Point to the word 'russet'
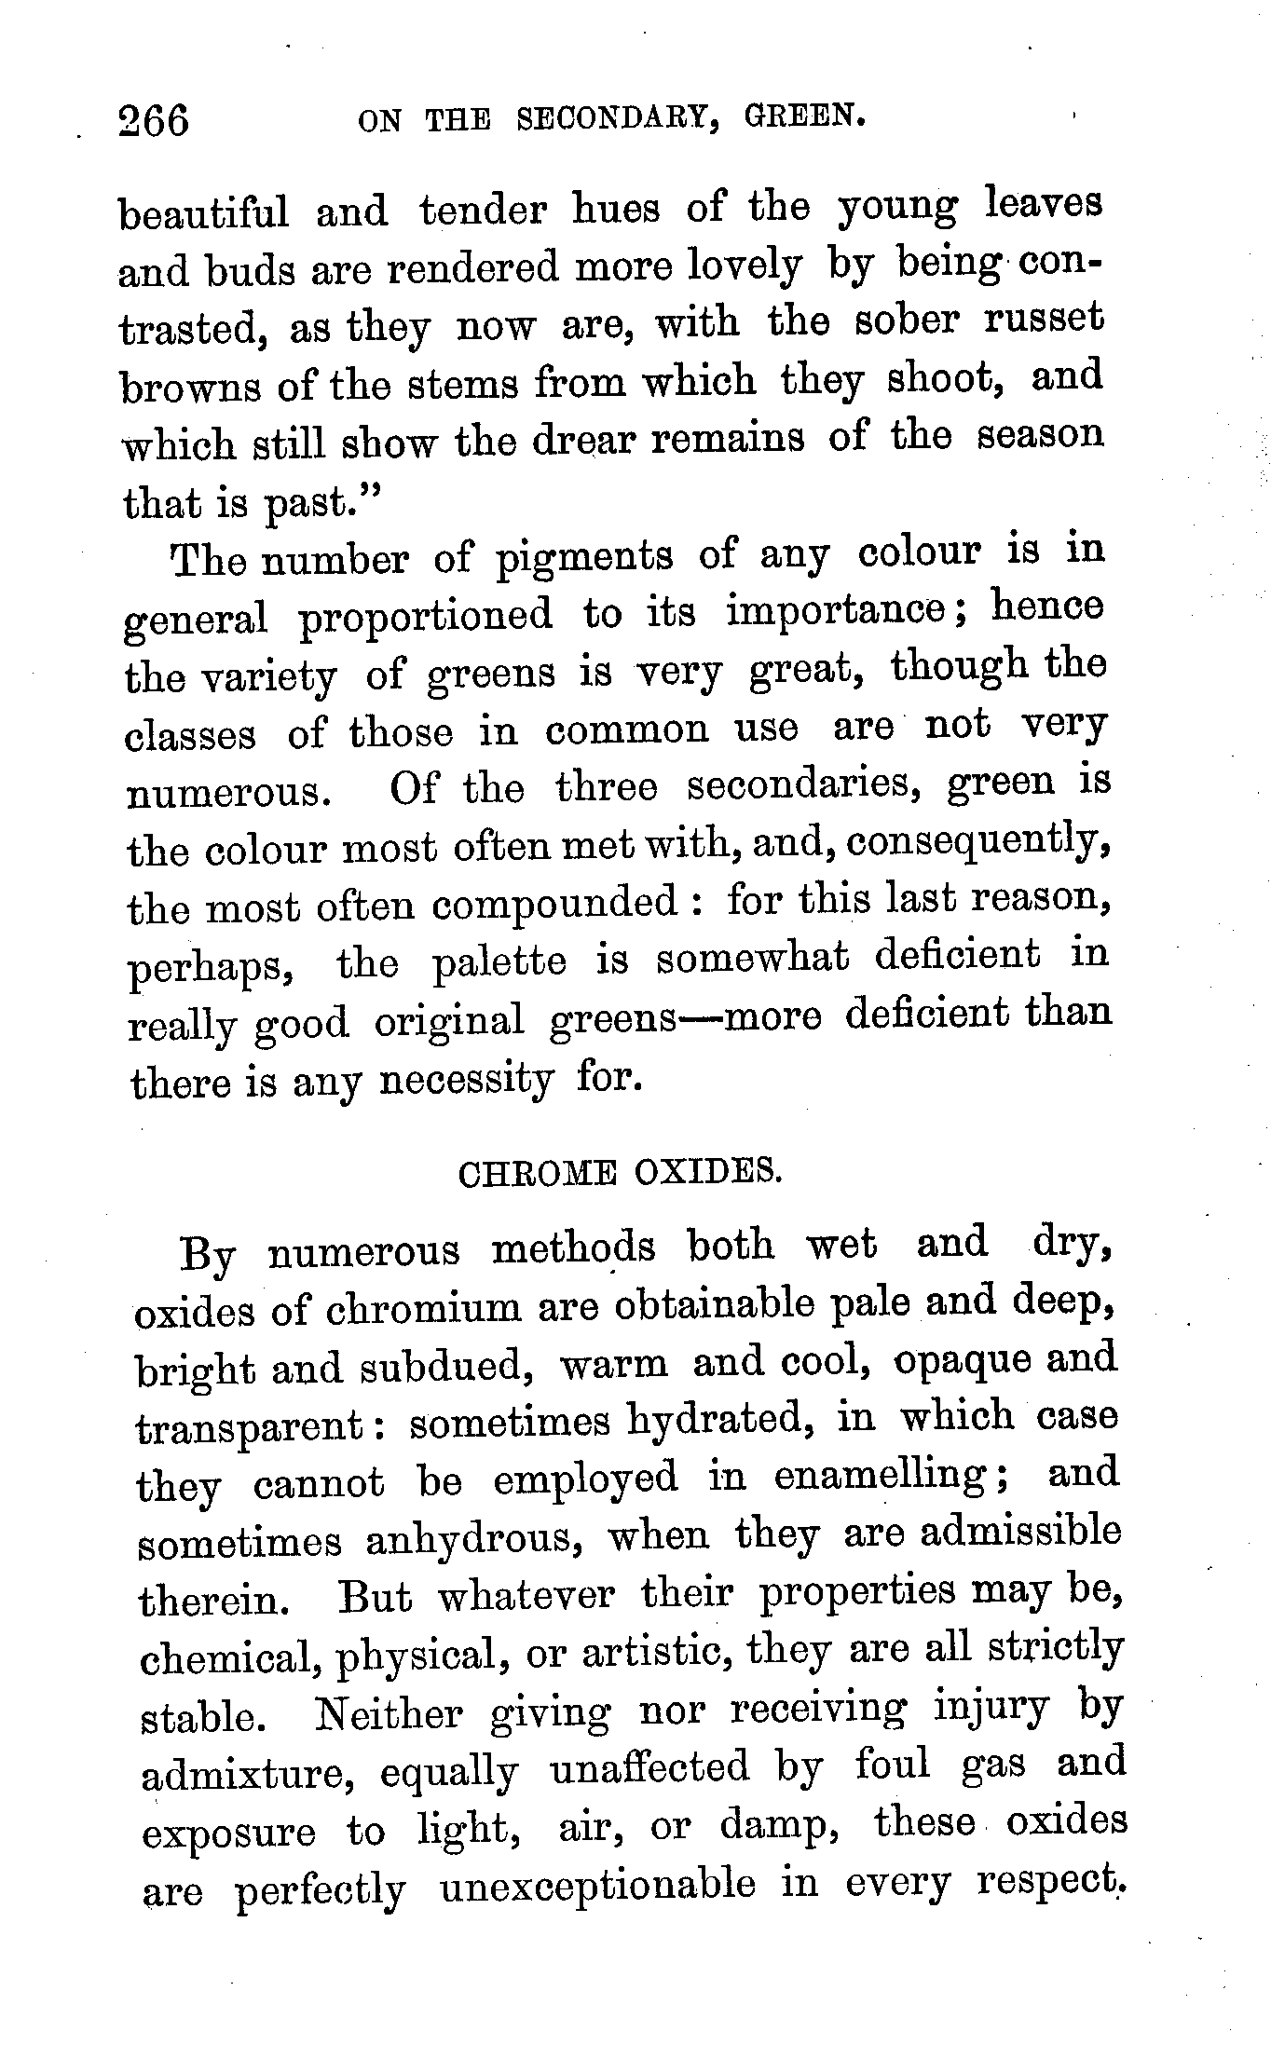click(1044, 320)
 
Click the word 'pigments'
click(583, 556)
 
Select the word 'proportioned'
click(425, 617)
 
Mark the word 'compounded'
click(555, 902)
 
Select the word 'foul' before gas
click(893, 1766)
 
